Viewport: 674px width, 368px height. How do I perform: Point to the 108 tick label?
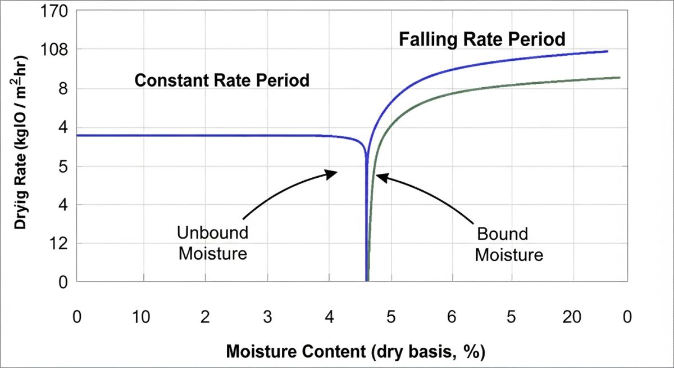tap(56, 50)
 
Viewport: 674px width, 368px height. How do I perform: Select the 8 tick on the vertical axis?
tap(62, 88)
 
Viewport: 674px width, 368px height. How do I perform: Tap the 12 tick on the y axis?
tap(59, 243)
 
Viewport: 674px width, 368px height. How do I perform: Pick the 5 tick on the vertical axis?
tap(62, 166)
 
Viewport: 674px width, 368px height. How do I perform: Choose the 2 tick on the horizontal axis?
tap(204, 317)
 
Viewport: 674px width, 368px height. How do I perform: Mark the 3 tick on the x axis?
tap(267, 317)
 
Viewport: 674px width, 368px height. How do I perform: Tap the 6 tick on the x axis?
tap(451, 317)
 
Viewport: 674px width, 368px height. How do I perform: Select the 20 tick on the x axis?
tap(572, 317)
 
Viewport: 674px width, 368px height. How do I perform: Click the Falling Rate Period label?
tap(482, 40)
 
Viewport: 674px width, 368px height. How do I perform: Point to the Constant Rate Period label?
tap(222, 80)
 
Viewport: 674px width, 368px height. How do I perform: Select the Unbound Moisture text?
tap(213, 243)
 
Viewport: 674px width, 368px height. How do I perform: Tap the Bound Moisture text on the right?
tap(509, 245)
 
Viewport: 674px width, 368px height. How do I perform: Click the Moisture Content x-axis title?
tap(356, 352)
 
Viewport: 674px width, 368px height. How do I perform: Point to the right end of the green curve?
tap(620, 78)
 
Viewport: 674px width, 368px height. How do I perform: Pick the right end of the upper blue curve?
tap(608, 51)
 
